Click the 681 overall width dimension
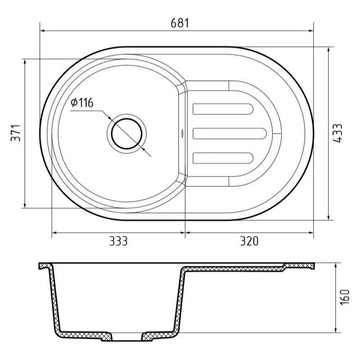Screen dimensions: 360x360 tap(180, 23)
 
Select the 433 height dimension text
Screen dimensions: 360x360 tap(337, 133)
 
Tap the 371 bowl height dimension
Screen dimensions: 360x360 tap(16, 133)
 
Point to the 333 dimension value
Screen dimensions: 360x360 tap(118, 241)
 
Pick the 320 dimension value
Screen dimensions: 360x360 tap(249, 241)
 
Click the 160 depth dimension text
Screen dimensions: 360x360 tap(345, 297)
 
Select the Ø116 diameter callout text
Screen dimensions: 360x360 tap(82, 103)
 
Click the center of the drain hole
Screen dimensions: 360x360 tap(126, 134)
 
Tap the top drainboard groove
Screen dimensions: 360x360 tap(223, 109)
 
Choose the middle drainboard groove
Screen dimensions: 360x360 tap(229, 134)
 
